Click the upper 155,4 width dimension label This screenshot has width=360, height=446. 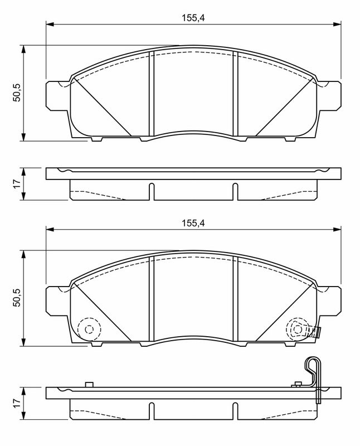point(193,18)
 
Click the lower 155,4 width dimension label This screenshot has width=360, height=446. point(193,223)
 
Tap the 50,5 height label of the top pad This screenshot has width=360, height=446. point(17,93)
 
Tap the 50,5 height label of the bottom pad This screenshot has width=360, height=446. point(17,298)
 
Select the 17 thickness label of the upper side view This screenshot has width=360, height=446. point(17,184)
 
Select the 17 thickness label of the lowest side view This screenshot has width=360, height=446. point(17,403)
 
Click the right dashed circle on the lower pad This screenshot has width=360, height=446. point(286,329)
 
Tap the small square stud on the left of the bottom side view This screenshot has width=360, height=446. point(89,384)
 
